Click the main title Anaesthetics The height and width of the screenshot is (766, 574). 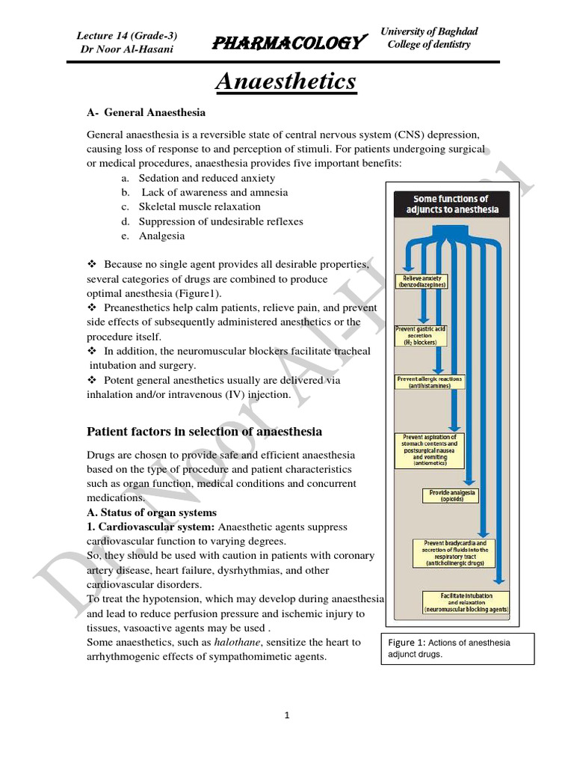pos(286,81)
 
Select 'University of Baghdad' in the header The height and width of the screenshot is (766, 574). pos(429,31)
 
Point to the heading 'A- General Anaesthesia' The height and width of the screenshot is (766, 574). pos(146,112)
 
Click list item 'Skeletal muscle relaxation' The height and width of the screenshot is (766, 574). pos(199,206)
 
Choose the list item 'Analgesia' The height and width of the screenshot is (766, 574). pos(161,236)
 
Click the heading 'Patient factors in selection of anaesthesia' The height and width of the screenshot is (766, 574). pos(205,432)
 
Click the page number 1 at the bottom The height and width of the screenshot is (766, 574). pos(287,715)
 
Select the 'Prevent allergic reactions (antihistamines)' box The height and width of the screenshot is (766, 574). pos(430,382)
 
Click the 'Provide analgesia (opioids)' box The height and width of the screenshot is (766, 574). pos(452,495)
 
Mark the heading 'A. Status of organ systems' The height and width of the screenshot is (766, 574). pos(152,512)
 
